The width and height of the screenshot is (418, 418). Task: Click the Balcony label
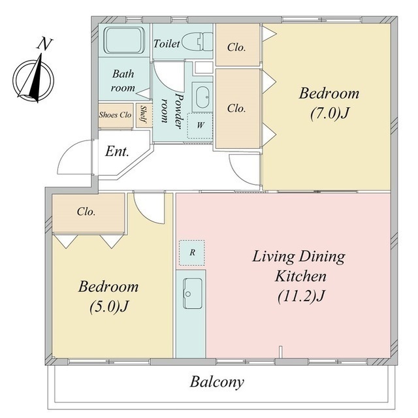point(217,382)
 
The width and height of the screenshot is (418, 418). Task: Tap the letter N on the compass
point(44,44)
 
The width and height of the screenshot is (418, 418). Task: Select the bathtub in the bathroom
point(123,40)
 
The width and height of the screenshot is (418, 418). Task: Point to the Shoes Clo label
point(115,115)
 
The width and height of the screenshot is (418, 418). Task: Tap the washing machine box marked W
point(200,125)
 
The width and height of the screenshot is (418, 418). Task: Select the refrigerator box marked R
point(192,253)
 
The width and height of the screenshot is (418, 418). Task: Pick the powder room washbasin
point(202,97)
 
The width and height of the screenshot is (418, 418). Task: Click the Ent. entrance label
point(117,152)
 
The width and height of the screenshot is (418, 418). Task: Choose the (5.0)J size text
point(109,306)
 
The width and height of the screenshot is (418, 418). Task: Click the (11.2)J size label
point(300,296)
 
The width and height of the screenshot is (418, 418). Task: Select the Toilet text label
point(167,44)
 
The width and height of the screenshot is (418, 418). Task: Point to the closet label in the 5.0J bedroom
point(86,212)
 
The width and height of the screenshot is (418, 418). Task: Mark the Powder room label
point(172,111)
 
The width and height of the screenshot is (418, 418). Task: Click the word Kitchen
point(300,276)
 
